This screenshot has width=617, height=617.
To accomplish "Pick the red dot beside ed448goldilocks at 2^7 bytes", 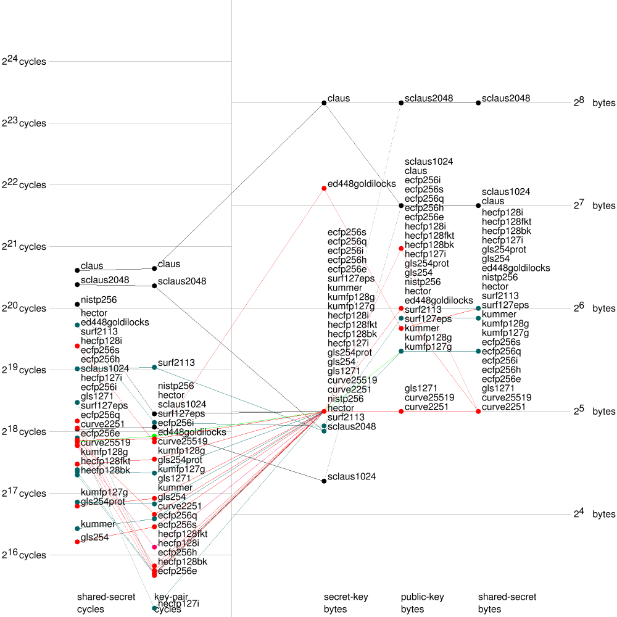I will click(x=324, y=188).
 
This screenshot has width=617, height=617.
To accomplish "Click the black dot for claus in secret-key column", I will click(x=324, y=102).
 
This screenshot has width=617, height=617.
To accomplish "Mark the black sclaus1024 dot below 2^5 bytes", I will click(x=324, y=481).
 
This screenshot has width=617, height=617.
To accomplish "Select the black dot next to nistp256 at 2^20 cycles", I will click(x=77, y=304).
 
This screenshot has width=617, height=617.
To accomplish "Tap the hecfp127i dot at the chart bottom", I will click(x=154, y=608).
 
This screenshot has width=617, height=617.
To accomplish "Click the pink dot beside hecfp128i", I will click(x=154, y=547).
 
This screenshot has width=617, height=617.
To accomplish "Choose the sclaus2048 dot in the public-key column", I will click(x=401, y=102).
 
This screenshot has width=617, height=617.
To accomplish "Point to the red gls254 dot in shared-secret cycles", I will click(x=77, y=542).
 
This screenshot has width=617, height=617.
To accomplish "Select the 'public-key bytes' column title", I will click(x=422, y=603).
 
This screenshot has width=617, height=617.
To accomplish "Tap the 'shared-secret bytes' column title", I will click(x=507, y=603).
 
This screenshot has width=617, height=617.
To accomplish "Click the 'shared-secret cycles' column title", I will click(x=106, y=603).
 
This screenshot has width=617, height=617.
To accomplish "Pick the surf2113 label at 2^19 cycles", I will click(x=176, y=363).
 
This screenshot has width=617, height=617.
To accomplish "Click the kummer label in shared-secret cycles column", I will click(x=97, y=524).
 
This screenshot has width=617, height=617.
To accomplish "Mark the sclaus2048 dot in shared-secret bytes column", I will click(x=478, y=102).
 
